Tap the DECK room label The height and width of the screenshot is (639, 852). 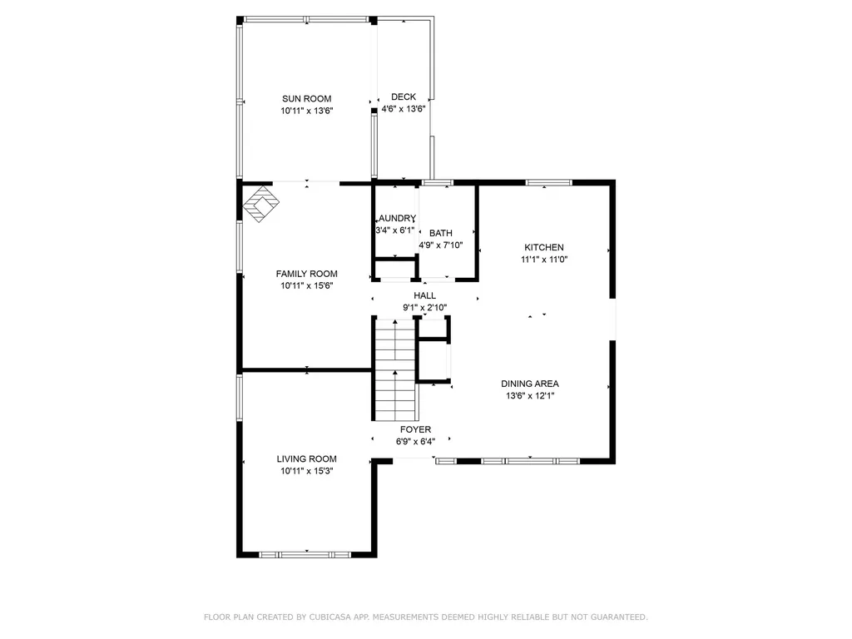pos(404,97)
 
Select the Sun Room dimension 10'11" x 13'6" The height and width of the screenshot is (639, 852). pos(306,111)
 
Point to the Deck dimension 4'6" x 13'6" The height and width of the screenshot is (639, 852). pos(404,109)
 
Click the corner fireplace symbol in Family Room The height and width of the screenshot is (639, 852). pos(260,204)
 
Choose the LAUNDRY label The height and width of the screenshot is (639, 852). pos(395,218)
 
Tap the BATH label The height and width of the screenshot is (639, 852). pos(440,233)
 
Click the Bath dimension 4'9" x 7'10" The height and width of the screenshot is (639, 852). pos(440,245)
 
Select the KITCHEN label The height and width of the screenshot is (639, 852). pos(544,247)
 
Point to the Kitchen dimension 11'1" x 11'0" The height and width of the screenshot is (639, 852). pos(544,259)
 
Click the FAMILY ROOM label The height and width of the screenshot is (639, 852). pos(306,274)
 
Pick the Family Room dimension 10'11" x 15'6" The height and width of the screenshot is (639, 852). pos(306,285)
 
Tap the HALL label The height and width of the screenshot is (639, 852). pos(424,295)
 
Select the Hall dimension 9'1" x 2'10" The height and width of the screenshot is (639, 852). pos(424,307)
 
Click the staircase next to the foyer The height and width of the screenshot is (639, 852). pos(394,370)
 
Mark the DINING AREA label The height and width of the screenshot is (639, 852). pos(530,384)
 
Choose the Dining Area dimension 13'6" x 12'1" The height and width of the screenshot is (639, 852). pos(530,395)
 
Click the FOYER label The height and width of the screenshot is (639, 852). pos(415,429)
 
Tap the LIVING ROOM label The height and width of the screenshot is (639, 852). pos(306,458)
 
